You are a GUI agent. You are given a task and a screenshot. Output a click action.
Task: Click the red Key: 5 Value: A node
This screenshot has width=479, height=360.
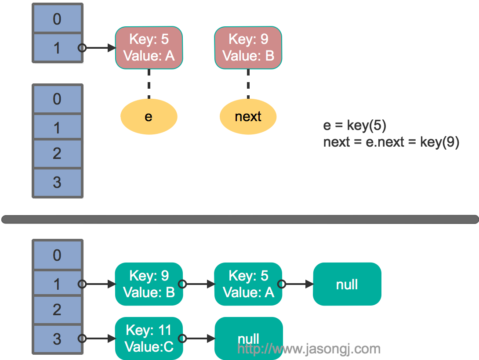[149, 47]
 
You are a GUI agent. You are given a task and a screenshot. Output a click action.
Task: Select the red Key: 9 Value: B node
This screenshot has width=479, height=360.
[248, 47]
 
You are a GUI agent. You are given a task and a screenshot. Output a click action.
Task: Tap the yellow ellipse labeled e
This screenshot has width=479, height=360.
[149, 116]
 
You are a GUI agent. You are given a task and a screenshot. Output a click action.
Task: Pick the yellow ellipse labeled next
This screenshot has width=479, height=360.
[248, 116]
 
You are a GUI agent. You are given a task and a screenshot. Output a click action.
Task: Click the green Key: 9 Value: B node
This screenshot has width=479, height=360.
[149, 284]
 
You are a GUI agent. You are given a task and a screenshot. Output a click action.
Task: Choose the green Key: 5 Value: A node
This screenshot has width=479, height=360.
[248, 284]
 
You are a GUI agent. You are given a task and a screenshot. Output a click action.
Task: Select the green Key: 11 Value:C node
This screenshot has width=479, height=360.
[149, 338]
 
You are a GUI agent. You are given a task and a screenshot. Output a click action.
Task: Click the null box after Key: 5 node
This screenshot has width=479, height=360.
[347, 284]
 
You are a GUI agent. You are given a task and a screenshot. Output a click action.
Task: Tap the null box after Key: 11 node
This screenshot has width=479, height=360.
[248, 338]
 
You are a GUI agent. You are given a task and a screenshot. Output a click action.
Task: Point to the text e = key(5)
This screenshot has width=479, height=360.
[355, 126]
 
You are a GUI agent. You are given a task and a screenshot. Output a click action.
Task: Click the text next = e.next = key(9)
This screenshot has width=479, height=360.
[391, 142]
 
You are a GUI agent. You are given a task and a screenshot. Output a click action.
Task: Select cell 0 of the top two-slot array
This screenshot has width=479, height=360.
[57, 19]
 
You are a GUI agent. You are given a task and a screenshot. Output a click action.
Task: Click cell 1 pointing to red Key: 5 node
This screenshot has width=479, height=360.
[57, 48]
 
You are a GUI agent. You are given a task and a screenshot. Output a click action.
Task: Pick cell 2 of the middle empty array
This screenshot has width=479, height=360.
[57, 154]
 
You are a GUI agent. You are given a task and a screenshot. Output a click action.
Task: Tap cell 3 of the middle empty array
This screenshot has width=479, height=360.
[57, 182]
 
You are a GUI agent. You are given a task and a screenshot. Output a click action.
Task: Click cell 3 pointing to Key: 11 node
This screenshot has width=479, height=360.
[57, 339]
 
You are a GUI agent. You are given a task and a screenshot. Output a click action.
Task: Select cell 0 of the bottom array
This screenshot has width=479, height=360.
[57, 255]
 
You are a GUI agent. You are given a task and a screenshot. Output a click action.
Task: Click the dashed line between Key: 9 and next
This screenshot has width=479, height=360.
[248, 83]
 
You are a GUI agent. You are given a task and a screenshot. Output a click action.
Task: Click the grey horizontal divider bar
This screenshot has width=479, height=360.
[239, 219]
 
